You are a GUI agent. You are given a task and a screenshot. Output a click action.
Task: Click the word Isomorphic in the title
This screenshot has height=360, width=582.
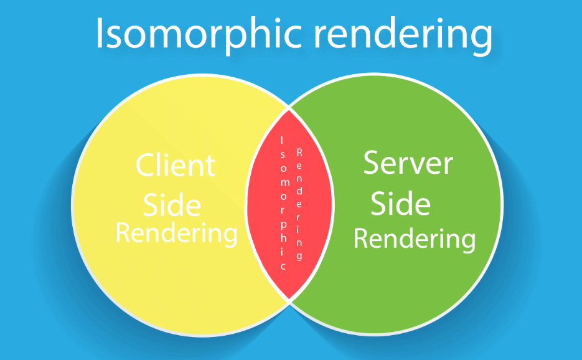199,34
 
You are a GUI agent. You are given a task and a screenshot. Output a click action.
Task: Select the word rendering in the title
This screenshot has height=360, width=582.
403,36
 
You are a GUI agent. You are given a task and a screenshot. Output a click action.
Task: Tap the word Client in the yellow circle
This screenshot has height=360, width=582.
175,164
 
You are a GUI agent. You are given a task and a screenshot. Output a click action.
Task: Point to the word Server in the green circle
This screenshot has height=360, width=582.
408,163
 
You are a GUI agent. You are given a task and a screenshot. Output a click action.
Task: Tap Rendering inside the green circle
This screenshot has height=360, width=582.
415,239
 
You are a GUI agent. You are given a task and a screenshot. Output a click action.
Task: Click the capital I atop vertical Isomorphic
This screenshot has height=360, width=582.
282,140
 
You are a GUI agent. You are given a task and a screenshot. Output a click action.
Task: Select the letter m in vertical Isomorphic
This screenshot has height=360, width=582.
283,182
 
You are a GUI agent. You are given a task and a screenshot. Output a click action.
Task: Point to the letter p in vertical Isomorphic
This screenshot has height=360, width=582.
283,225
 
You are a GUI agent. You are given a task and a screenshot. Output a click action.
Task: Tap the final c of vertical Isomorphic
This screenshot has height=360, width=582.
283,267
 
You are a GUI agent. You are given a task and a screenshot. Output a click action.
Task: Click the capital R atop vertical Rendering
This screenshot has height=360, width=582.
299,153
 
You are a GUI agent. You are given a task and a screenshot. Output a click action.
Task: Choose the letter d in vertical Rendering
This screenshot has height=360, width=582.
299,191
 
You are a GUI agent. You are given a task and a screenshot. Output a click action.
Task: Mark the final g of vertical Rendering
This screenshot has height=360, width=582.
299,257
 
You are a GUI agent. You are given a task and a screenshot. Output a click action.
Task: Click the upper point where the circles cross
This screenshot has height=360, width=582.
289,108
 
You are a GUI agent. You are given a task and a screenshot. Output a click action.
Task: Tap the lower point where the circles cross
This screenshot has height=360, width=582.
289,301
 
